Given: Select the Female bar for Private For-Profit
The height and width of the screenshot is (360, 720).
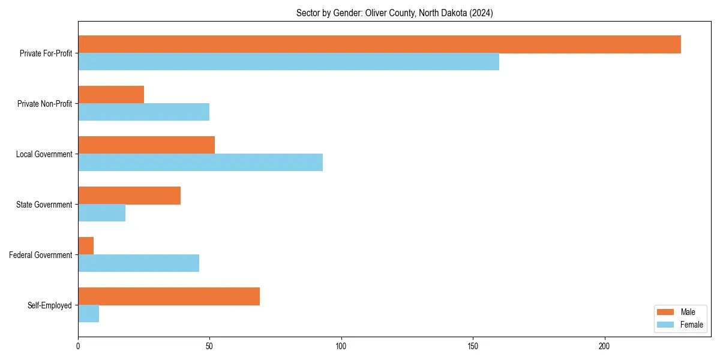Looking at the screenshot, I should pyautogui.click(x=289, y=62).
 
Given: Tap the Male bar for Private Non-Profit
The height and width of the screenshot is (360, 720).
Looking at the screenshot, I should pyautogui.click(x=111, y=95).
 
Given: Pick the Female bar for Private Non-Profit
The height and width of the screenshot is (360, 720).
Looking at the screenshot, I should pyautogui.click(x=144, y=112).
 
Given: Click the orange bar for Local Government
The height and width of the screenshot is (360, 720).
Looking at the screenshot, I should pyautogui.click(x=146, y=145).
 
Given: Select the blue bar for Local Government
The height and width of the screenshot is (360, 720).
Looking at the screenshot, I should pyautogui.click(x=200, y=163).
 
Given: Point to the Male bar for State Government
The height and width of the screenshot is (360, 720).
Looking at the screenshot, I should pyautogui.click(x=129, y=196).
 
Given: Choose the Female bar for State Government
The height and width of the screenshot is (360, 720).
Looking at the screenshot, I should pyautogui.click(x=102, y=213).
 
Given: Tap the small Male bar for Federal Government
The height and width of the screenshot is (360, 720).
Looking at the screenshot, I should pyautogui.click(x=86, y=246).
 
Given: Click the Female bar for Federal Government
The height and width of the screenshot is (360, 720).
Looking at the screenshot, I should pyautogui.click(x=139, y=263).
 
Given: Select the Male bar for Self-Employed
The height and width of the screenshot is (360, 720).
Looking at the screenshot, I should pyautogui.click(x=169, y=296).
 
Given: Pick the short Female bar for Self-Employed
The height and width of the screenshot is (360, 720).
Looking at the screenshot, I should pyautogui.click(x=89, y=314).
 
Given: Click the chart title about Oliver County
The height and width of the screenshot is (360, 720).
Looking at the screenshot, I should pyautogui.click(x=394, y=13).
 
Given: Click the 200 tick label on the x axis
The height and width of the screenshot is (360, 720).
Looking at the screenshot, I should pyautogui.click(x=604, y=346).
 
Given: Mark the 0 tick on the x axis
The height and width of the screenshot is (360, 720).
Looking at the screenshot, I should pyautogui.click(x=78, y=346).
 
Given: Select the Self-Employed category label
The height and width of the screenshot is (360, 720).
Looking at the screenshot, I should pyautogui.click(x=50, y=305).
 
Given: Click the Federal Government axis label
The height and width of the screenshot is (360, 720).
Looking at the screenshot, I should pyautogui.click(x=41, y=255).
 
